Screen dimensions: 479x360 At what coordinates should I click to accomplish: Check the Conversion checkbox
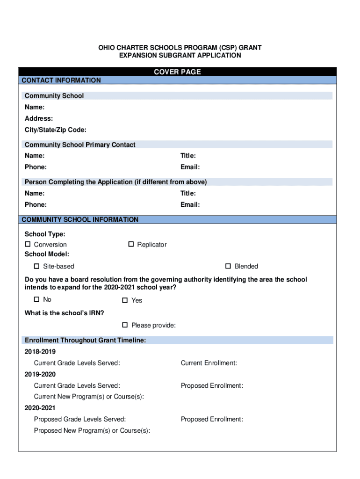[28, 244]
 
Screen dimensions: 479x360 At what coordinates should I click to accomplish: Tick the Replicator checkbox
[131, 244]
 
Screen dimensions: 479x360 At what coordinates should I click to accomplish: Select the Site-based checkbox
[36, 266]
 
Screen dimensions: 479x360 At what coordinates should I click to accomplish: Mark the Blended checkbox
[228, 266]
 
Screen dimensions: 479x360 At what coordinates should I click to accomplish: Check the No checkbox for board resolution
[36, 299]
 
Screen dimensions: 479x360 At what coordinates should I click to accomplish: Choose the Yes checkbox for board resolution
[125, 300]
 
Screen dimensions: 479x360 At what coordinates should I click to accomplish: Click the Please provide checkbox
[125, 325]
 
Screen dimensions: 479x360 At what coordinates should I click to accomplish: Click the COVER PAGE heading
[177, 72]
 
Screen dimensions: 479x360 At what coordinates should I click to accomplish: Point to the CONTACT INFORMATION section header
[61, 80]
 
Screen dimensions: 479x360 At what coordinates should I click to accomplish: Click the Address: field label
[39, 118]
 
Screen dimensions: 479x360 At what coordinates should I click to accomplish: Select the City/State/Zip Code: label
[56, 130]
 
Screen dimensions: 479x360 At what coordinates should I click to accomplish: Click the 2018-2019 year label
[40, 351]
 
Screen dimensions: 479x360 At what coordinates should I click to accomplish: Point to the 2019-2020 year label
[40, 374]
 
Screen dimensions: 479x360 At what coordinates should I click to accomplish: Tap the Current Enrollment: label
[209, 363]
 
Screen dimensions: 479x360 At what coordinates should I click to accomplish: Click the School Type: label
[45, 234]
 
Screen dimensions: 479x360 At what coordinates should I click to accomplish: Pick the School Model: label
[47, 254]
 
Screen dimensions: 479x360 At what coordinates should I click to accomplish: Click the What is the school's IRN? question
[65, 313]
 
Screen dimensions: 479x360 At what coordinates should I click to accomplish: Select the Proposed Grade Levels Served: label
[80, 420]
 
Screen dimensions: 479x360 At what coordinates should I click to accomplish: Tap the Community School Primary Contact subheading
[80, 145]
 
